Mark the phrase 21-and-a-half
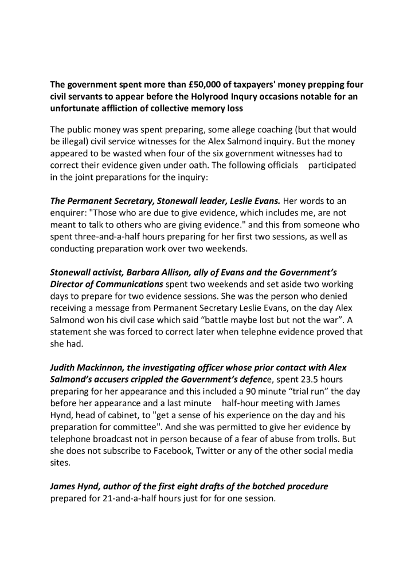(136, 499)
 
